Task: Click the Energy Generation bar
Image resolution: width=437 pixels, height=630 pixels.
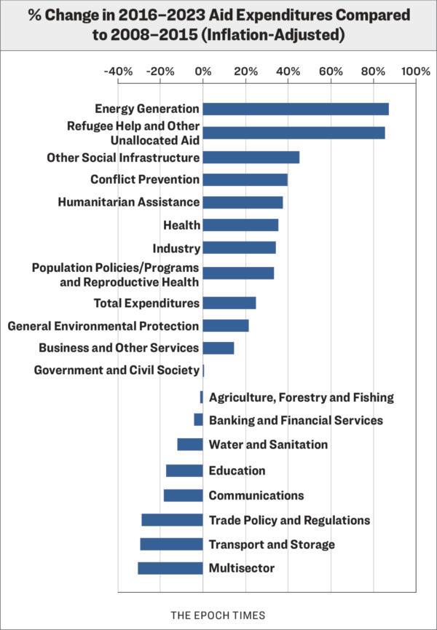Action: click(x=295, y=109)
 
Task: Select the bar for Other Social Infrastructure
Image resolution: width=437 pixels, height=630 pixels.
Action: click(x=251, y=157)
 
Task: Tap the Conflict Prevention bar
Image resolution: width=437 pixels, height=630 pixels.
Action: click(x=245, y=179)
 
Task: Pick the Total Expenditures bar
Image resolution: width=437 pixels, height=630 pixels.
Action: click(x=229, y=303)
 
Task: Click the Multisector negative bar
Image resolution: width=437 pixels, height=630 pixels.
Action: click(x=170, y=568)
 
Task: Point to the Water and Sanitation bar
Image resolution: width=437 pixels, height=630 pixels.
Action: click(x=189, y=444)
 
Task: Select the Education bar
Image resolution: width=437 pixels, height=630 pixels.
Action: click(x=184, y=470)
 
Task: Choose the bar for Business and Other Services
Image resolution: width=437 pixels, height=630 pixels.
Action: click(x=218, y=348)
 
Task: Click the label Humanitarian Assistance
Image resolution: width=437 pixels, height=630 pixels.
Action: click(x=129, y=202)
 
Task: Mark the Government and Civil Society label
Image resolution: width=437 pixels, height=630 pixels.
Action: click(x=117, y=370)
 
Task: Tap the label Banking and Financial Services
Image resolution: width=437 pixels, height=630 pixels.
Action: click(x=296, y=421)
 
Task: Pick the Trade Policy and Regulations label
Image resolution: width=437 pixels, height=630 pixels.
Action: click(x=289, y=520)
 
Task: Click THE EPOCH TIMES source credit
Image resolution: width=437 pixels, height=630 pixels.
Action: click(x=218, y=615)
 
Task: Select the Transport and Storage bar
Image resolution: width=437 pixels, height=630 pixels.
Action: click(x=171, y=544)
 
